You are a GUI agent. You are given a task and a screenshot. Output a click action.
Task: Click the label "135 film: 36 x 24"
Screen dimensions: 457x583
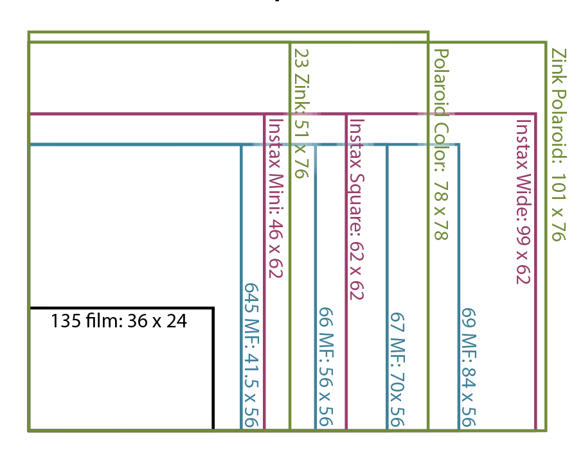click(x=119, y=320)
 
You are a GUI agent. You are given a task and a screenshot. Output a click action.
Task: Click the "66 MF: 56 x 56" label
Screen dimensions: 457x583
click(x=325, y=366)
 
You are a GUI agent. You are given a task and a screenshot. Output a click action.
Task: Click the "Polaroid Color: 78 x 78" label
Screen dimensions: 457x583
click(x=440, y=145)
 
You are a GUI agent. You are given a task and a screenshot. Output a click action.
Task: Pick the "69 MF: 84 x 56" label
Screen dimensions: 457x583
click(x=467, y=366)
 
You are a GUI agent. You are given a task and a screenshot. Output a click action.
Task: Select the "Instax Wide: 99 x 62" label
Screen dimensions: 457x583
click(x=522, y=201)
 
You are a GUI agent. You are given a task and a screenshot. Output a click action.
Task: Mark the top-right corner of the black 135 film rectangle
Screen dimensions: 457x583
click(x=213, y=309)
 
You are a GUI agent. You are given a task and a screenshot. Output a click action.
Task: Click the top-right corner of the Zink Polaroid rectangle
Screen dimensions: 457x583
click(x=545, y=43)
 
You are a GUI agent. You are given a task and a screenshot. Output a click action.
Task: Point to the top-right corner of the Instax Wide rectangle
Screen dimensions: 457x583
click(x=535, y=114)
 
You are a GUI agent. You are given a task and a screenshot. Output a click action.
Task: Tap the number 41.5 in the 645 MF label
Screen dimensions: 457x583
click(x=251, y=377)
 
